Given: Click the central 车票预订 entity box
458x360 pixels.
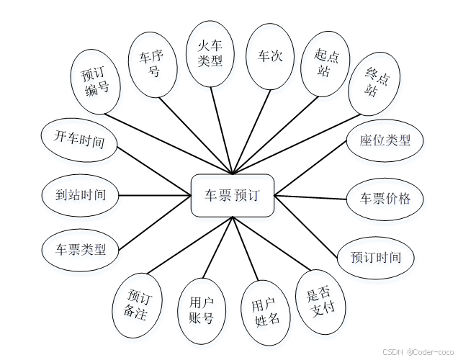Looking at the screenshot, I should point(233,195).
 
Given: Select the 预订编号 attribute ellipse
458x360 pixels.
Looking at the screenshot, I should point(96,81).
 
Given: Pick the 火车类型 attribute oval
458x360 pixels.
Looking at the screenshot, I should point(210,53).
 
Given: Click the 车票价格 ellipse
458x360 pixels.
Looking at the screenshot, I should point(385,198).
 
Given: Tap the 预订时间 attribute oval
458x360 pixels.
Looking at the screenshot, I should point(376,257).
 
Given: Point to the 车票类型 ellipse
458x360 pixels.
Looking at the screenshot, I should point(81,250).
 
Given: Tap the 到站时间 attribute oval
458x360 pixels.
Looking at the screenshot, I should point(80,195).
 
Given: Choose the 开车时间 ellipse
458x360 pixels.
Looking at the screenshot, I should point(78,138).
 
